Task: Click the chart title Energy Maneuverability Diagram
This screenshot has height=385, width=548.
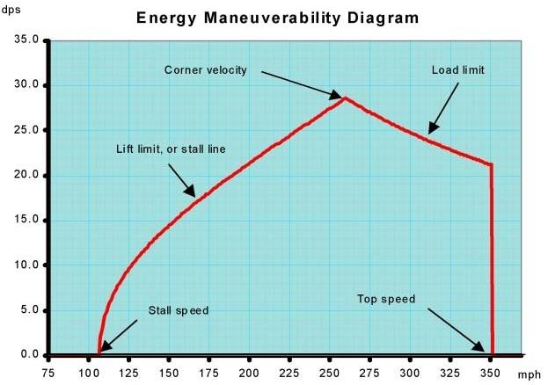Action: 277,17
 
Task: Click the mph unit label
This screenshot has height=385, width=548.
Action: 529,374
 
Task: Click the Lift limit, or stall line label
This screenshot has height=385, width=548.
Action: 171,149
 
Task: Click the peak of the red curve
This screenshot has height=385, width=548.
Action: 345,98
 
